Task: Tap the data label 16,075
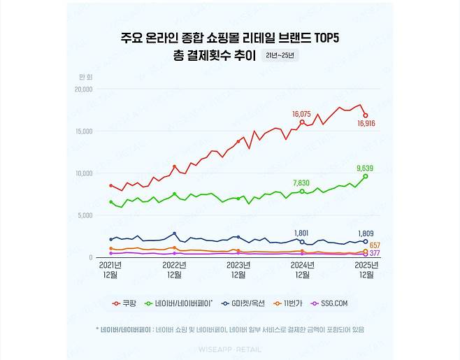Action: coord(301,113)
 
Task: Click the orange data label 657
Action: coord(375,245)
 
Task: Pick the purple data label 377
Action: coord(375,254)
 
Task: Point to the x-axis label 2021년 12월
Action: coord(110,270)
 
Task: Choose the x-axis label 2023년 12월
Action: coord(238,270)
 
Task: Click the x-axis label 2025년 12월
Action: coord(366,270)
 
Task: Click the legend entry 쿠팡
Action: coord(125,303)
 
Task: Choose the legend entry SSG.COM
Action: coord(331,303)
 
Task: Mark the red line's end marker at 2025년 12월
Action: coord(366,115)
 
